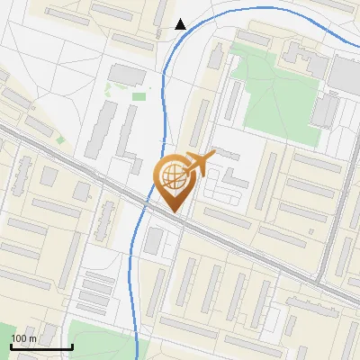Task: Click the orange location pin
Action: click(x=173, y=180)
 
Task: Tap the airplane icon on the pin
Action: click(x=200, y=162)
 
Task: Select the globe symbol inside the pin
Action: click(x=172, y=175)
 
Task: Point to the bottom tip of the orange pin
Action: click(x=173, y=212)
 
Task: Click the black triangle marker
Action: click(x=181, y=24)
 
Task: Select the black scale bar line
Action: click(x=41, y=346)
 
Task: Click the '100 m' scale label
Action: click(x=23, y=338)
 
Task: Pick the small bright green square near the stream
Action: click(x=139, y=96)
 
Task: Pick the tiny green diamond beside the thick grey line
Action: click(x=60, y=139)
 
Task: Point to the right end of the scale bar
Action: click(x=72, y=346)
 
